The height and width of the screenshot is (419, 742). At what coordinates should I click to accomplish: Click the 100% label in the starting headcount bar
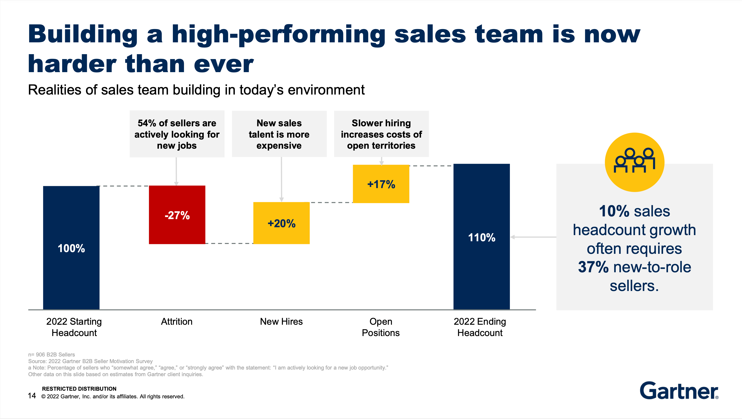(71, 248)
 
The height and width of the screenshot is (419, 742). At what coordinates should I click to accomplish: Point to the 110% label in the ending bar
(482, 237)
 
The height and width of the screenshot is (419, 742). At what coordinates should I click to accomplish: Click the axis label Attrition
(176, 322)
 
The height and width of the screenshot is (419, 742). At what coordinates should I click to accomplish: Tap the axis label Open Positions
(381, 327)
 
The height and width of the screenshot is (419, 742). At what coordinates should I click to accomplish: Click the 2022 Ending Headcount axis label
(480, 327)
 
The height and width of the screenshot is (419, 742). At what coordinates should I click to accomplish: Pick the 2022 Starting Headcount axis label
(74, 327)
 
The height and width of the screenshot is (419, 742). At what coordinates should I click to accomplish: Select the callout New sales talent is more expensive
(279, 134)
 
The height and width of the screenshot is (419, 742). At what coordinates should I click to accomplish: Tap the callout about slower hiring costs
(381, 134)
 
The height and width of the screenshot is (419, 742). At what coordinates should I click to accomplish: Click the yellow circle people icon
(634, 162)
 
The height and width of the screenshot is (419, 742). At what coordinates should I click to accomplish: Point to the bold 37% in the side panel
(593, 267)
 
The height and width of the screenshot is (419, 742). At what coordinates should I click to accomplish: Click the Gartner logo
(679, 390)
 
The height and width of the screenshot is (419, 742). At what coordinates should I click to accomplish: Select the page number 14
(32, 396)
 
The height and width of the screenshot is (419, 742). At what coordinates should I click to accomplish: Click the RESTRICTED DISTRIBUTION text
(79, 388)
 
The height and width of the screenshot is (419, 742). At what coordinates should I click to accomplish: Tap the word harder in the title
(72, 64)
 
